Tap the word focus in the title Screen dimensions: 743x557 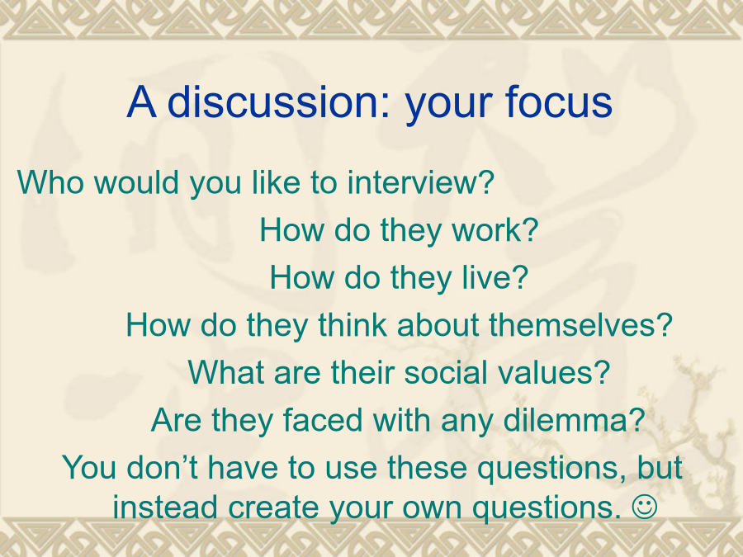pyautogui.click(x=558, y=101)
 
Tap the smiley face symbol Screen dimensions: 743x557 pyautogui.click(x=645, y=507)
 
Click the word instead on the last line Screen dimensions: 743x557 pyautogui.click(x=165, y=507)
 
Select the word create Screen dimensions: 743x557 pyautogui.click(x=274, y=507)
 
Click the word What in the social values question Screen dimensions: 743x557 pyautogui.click(x=226, y=372)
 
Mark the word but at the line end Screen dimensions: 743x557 pyautogui.click(x=660, y=468)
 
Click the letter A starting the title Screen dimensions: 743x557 pyautogui.click(x=142, y=101)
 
